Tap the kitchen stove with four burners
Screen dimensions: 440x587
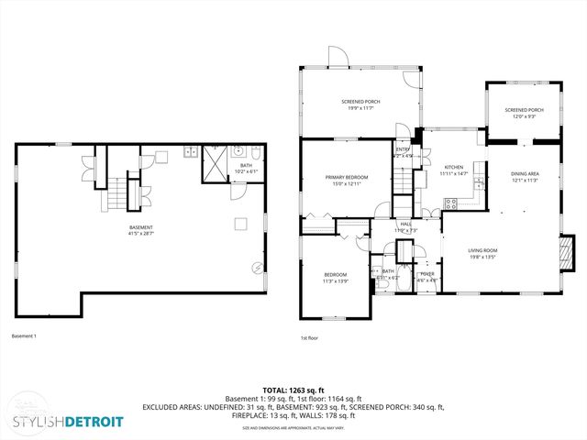(x=479, y=186)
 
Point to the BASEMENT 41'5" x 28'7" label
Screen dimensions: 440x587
(x=140, y=230)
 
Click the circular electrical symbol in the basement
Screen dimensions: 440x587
(x=258, y=268)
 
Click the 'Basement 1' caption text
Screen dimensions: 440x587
(x=24, y=336)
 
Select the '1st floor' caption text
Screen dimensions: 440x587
(x=310, y=338)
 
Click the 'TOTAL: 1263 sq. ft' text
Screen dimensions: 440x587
(x=293, y=390)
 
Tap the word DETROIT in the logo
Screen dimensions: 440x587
(x=90, y=422)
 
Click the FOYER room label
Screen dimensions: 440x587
(x=426, y=275)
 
